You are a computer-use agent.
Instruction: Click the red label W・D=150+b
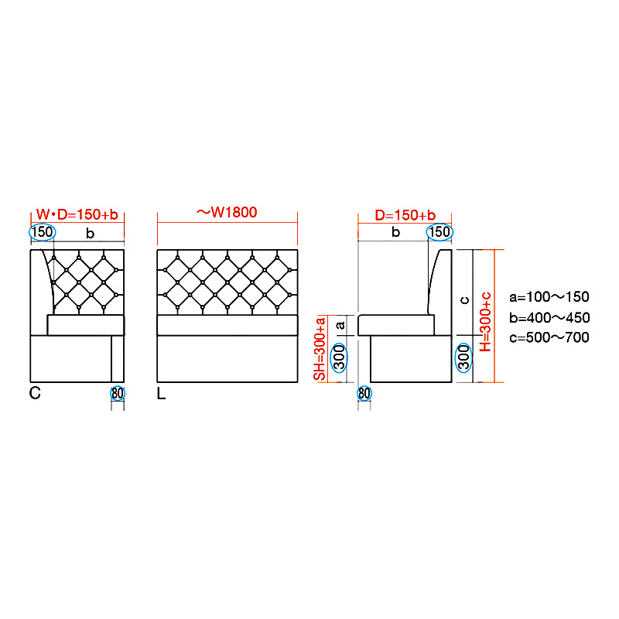tap(77, 214)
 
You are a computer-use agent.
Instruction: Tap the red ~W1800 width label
tap(227, 212)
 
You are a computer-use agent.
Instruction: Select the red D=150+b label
tap(405, 215)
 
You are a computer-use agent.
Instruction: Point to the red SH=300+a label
tap(320, 348)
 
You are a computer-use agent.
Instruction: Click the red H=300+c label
tap(486, 322)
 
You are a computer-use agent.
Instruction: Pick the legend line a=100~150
tap(549, 296)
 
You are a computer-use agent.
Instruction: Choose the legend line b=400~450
tap(549, 317)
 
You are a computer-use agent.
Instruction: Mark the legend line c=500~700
tap(549, 337)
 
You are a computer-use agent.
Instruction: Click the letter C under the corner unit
tap(35, 393)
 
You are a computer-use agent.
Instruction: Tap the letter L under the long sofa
tap(161, 393)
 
